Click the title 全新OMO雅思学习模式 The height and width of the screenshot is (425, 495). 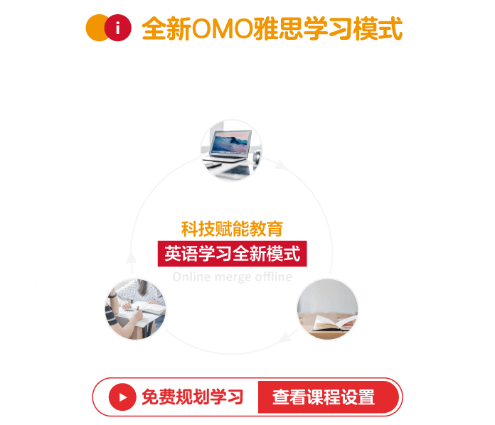pos(272,29)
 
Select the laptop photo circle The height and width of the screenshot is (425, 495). pos(231,151)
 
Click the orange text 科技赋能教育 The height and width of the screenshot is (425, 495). pos(232,229)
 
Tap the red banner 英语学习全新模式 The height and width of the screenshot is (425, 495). pos(232,253)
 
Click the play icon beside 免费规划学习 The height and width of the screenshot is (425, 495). pos(122,397)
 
